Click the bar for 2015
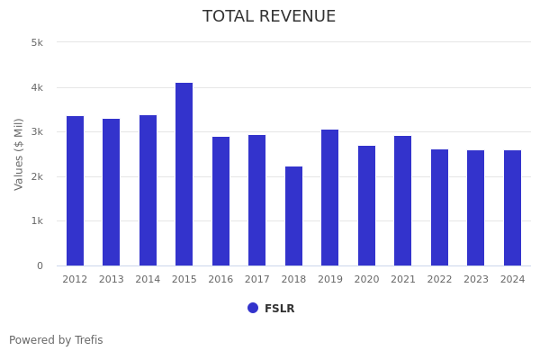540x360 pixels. click(184, 174)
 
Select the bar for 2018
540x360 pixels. click(293, 216)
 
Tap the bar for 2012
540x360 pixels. click(75, 191)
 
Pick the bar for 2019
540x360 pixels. click(330, 197)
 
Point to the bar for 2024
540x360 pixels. click(512, 208)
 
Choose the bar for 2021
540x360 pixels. click(403, 201)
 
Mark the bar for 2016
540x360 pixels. click(220, 201)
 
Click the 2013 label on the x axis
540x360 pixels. click(112, 280)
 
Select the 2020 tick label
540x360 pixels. click(366, 280)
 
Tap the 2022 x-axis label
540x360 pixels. click(439, 280)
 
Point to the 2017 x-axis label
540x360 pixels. click(257, 280)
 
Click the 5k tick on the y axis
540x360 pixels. click(37, 42)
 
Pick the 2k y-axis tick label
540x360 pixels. click(37, 176)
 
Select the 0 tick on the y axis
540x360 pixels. click(40, 265)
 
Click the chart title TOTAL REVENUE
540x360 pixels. click(269, 17)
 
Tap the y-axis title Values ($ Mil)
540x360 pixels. click(19, 154)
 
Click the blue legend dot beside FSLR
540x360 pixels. click(253, 308)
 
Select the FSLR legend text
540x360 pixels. click(279, 309)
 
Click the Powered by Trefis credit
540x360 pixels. click(56, 340)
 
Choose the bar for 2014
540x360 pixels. click(148, 190)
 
